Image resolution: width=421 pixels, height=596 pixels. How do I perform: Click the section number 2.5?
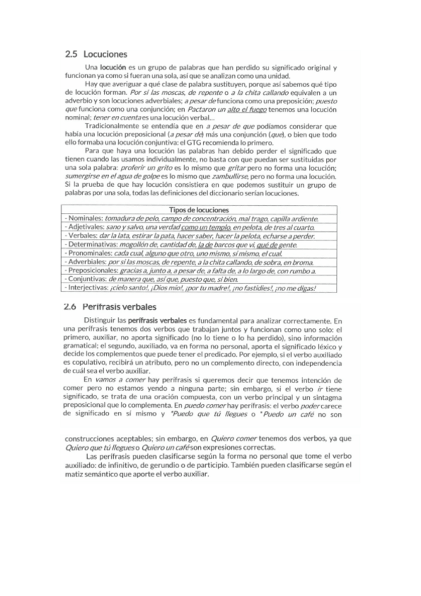tap(70, 53)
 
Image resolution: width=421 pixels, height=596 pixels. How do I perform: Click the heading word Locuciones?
tap(105, 53)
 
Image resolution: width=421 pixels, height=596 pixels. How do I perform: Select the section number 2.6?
tap(70, 307)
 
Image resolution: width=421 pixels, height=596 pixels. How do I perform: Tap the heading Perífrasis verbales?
tap(119, 307)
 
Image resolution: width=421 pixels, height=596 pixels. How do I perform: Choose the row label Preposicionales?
tap(92, 271)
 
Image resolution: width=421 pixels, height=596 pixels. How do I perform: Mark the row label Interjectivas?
tap(88, 287)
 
